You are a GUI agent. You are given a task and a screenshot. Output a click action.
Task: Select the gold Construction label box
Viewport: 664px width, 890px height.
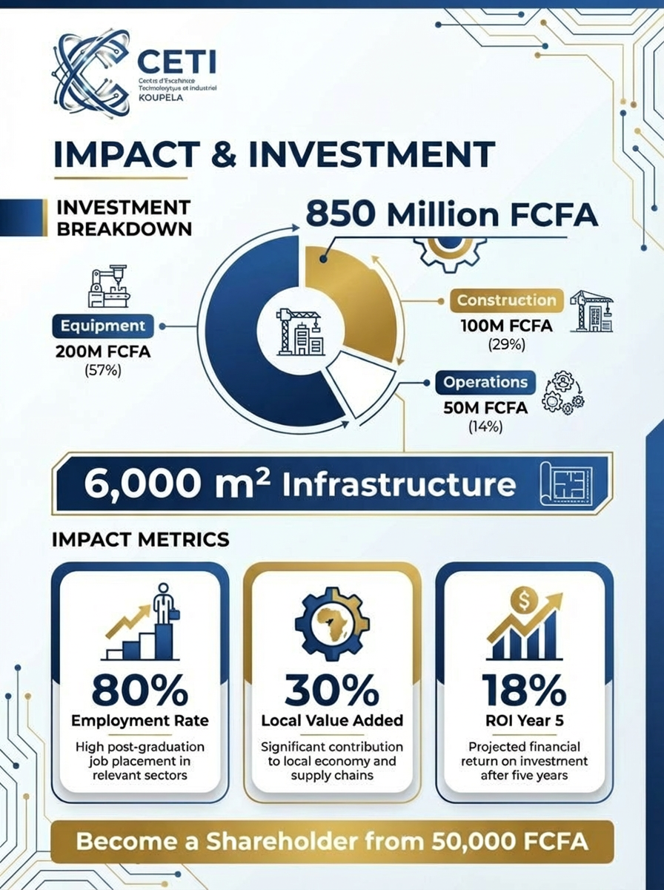[505, 301]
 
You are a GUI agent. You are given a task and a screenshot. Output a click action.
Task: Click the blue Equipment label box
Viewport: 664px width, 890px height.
[102, 326]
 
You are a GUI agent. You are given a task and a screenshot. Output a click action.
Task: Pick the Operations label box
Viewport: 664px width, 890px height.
[485, 383]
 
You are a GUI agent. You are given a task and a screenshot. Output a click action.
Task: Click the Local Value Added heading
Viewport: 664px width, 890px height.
[332, 720]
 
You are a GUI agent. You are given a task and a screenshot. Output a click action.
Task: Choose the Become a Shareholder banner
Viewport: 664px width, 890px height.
[332, 843]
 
